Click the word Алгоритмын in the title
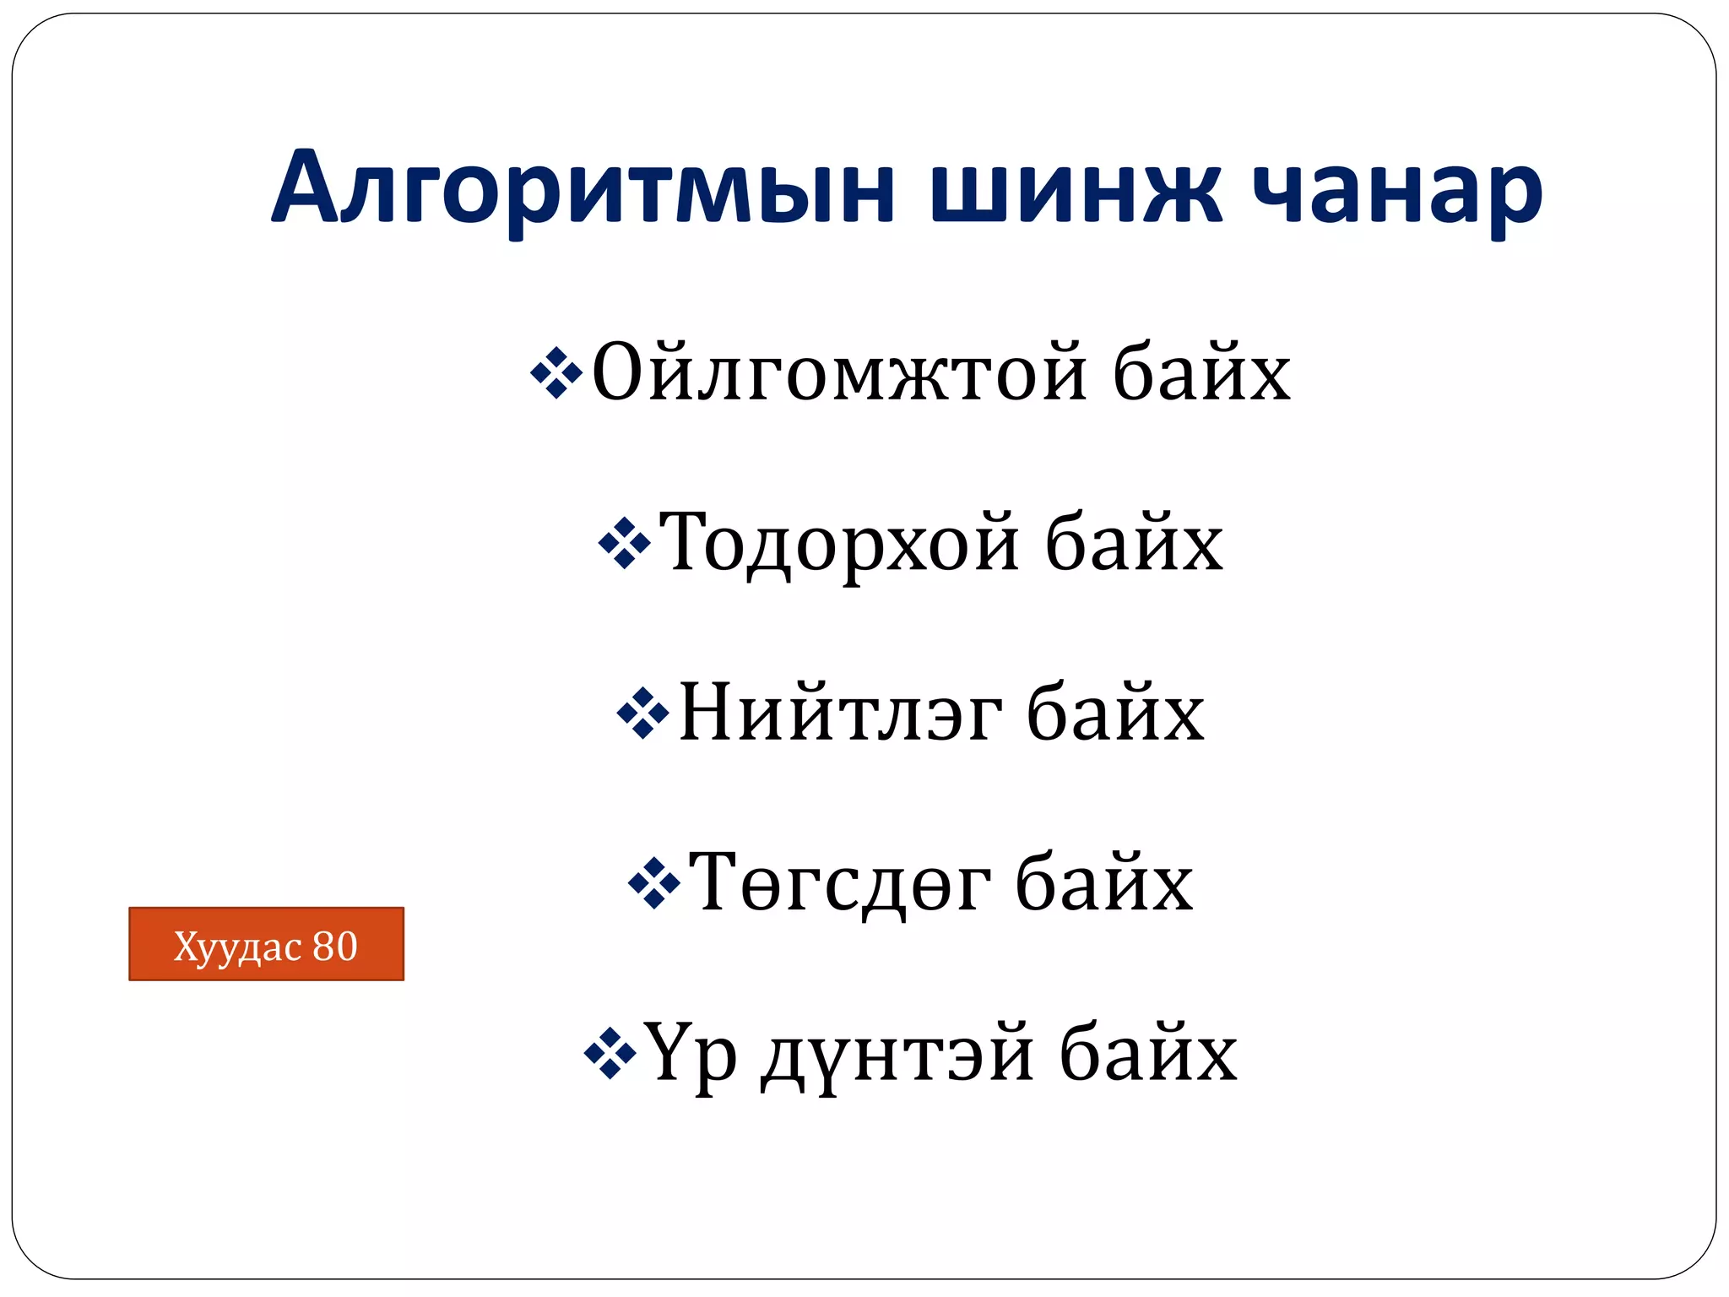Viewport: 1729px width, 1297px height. click(x=583, y=190)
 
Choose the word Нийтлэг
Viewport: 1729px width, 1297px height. click(x=841, y=714)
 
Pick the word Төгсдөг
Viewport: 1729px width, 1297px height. click(x=839, y=883)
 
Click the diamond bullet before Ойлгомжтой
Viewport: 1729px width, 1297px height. click(x=556, y=372)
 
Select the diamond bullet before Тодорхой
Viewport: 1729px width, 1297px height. click(x=624, y=543)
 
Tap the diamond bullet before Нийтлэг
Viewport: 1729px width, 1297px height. click(x=643, y=714)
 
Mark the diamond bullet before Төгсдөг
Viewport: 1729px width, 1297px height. click(x=654, y=883)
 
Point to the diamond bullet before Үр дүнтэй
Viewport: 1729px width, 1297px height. click(x=610, y=1054)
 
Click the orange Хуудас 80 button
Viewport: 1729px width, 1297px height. click(x=266, y=944)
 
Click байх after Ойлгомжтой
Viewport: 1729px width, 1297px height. click(x=1201, y=372)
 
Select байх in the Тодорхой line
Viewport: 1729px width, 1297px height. click(x=1134, y=543)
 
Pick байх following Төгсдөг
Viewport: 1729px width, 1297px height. click(x=1104, y=883)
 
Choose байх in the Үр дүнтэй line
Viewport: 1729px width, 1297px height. click(x=1148, y=1054)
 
